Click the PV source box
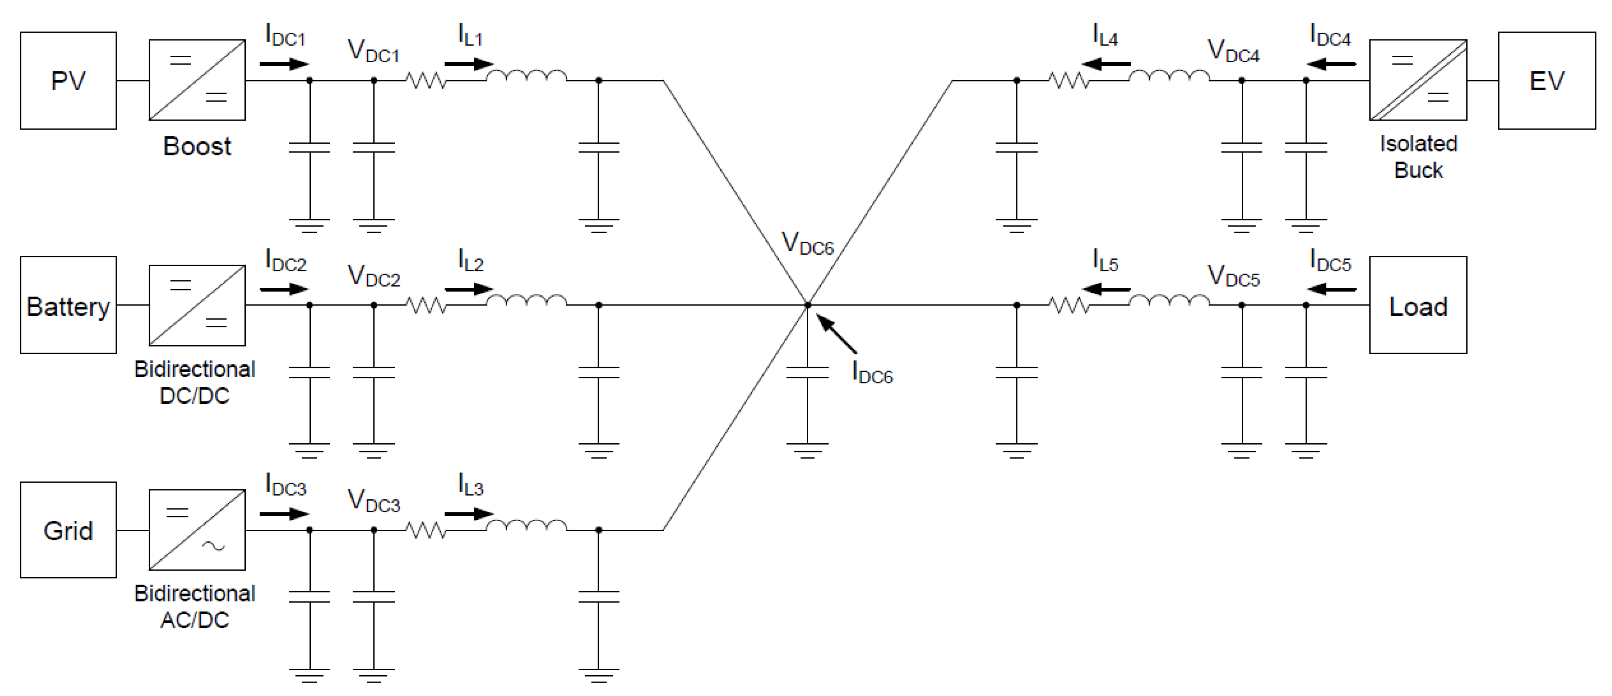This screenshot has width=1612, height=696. pos(68,81)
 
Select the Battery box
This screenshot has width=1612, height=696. pos(68,305)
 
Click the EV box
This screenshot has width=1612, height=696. pos(1546,81)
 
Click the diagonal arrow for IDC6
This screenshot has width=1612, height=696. pos(837,335)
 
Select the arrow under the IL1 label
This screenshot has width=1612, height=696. pos(469,64)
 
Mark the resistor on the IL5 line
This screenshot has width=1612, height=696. pos(1069,305)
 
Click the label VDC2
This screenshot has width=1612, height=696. pos(374,276)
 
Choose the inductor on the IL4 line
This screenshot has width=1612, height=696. pos(1169,77)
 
